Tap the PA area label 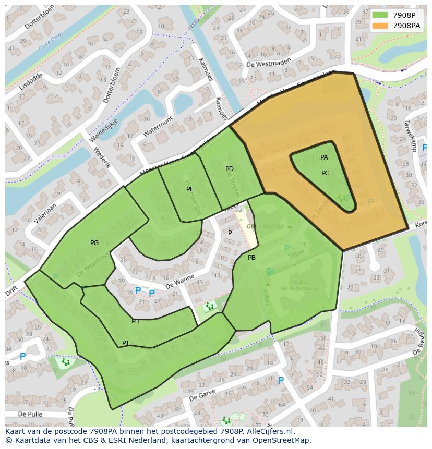coord(324,157)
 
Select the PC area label coord(325,173)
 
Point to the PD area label coord(230,169)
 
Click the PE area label coord(190,189)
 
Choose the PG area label coord(94,243)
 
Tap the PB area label coord(251,258)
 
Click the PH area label coord(136,321)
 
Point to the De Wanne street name coord(179,282)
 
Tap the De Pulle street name coord(29,414)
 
